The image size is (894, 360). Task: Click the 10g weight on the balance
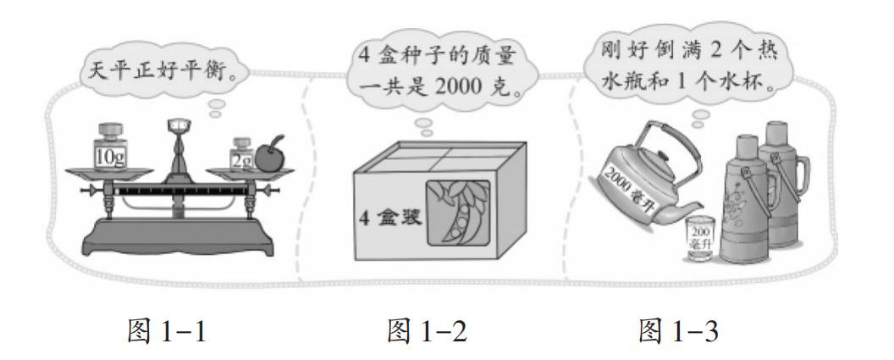click(x=108, y=147)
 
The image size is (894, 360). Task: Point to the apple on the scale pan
click(x=269, y=155)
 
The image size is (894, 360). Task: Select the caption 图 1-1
click(x=167, y=330)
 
